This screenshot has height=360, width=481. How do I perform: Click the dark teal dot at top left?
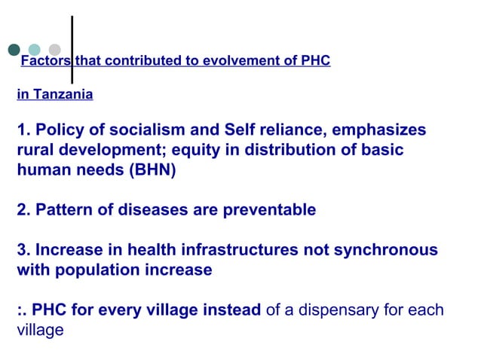tap(14, 50)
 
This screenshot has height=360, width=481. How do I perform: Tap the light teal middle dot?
tap(34, 50)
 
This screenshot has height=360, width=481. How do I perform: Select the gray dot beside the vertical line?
tap(54, 50)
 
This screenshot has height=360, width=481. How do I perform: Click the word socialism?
tap(133, 130)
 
